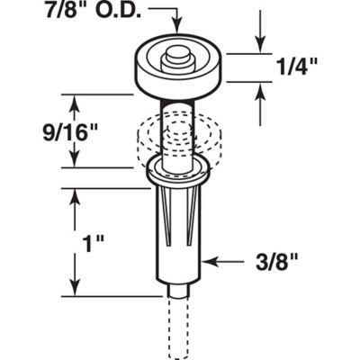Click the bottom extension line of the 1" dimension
click(99, 294)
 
